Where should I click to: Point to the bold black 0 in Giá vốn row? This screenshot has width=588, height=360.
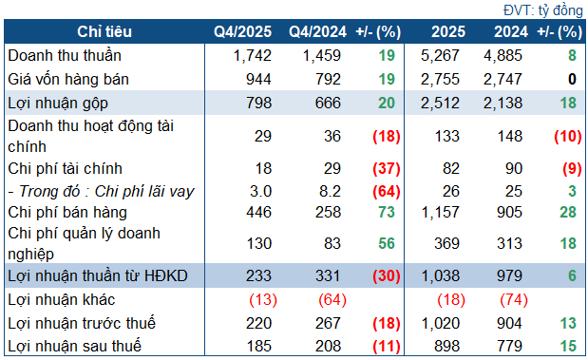click(x=573, y=79)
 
